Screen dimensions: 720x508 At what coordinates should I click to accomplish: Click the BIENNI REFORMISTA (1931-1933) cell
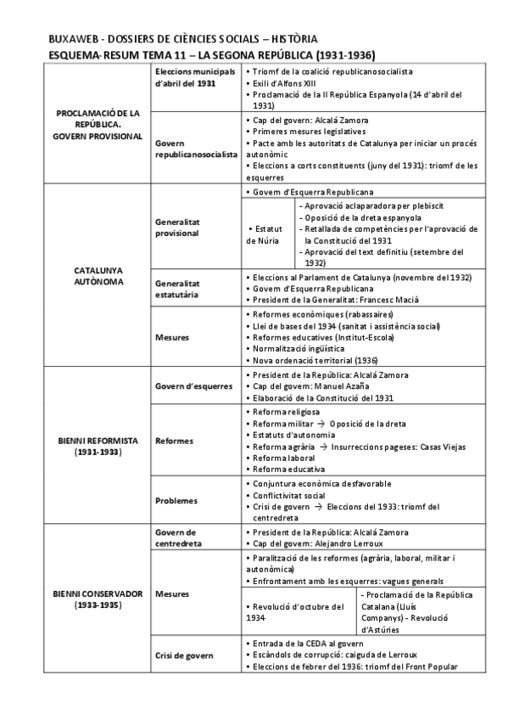(x=98, y=447)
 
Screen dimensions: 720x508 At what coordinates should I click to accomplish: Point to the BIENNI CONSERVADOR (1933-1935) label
(x=98, y=599)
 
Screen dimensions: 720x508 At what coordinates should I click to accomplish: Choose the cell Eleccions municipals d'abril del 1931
(x=195, y=80)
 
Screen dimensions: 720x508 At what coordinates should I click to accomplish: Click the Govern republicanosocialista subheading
(x=195, y=149)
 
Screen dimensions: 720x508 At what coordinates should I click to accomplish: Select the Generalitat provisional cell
(x=177, y=228)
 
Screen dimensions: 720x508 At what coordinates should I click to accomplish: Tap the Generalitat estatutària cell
(x=177, y=289)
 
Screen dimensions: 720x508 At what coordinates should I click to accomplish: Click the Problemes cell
(x=176, y=501)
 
